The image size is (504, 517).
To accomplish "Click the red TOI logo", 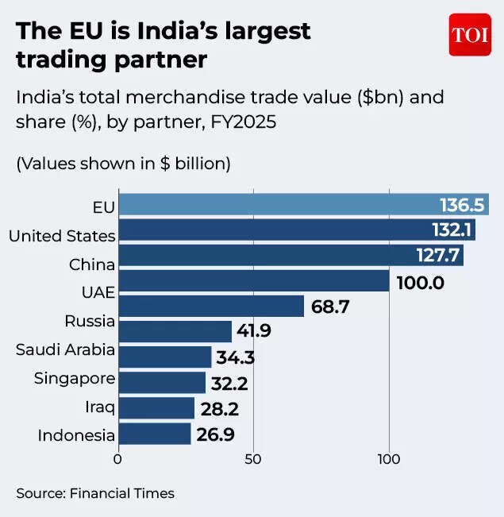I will (470, 35).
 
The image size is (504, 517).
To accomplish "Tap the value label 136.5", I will (462, 206).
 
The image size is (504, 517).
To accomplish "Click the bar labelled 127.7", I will (290, 256).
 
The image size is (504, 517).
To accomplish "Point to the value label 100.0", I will (420, 282).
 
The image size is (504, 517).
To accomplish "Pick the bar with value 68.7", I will (210, 306).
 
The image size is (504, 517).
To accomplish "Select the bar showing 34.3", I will (164, 357).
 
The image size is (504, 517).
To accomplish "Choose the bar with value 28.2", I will (156, 408).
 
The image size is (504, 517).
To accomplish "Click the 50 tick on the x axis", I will (253, 459).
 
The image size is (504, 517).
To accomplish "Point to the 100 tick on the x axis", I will (389, 459).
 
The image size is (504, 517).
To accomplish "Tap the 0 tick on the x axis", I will (118, 459).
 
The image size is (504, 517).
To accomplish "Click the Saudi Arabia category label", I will (67, 349).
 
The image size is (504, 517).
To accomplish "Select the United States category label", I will (62, 236).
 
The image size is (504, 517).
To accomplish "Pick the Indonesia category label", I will (76, 435).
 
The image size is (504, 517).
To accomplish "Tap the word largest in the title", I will (262, 32).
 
